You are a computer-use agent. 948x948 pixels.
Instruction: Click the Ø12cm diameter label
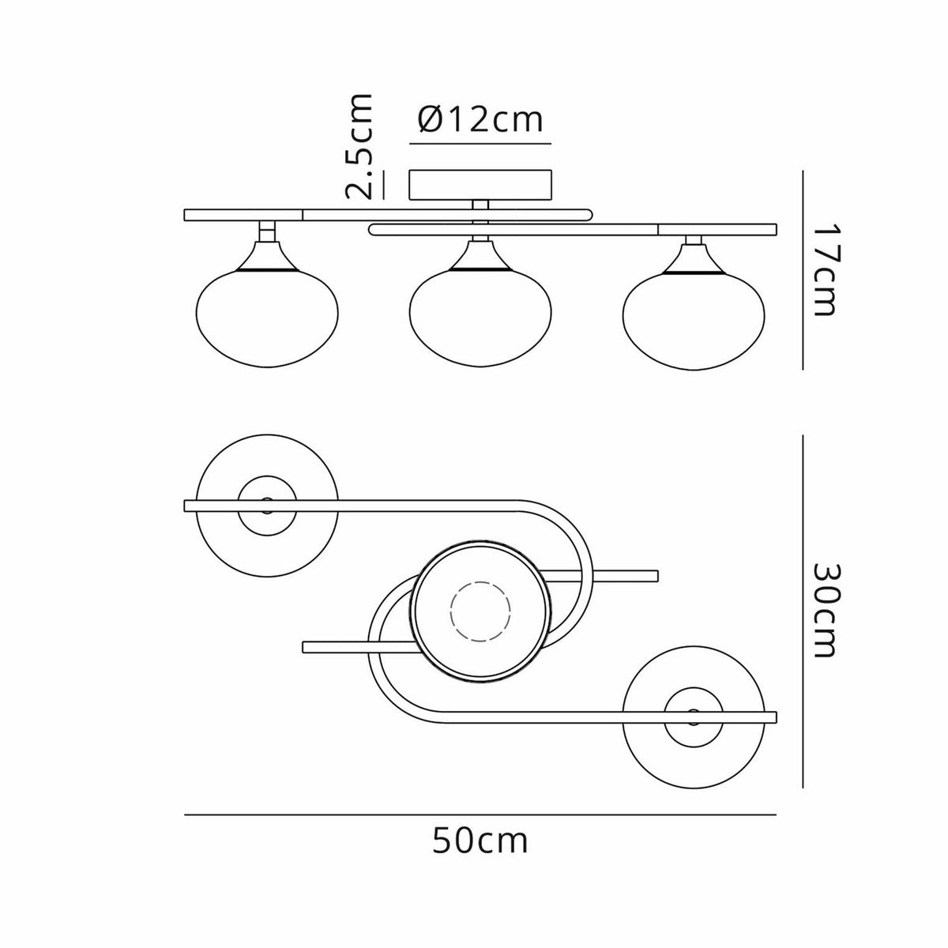click(480, 120)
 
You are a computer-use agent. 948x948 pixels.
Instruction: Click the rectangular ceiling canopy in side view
click(480, 184)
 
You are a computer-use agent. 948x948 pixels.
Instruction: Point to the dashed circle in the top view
click(480, 611)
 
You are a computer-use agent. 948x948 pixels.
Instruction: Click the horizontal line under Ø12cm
click(480, 145)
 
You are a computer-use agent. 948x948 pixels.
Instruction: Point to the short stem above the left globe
click(267, 231)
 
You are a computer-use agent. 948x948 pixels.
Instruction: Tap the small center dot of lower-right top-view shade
click(694, 714)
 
